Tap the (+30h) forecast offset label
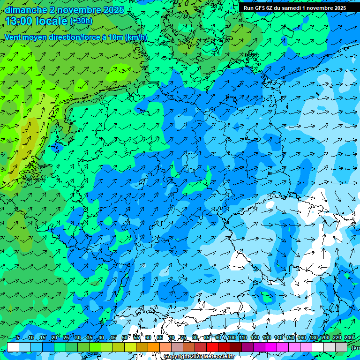pyautogui.click(x=81, y=21)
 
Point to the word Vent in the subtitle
pyautogui.click(x=14, y=37)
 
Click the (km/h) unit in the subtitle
pyautogui.click(x=136, y=37)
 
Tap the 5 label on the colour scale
pyautogui.click(x=18, y=338)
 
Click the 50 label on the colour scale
pyautogui.click(x=125, y=338)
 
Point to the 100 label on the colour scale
pyautogui.click(x=232, y=338)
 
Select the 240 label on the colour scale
pyautogui.click(x=349, y=338)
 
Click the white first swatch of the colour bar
pyautogui.click(x=13, y=347)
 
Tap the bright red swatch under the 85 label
pyautogui.click(x=212, y=347)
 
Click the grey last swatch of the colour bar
pyautogui.click(x=341, y=347)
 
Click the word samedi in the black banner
pyautogui.click(x=291, y=8)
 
